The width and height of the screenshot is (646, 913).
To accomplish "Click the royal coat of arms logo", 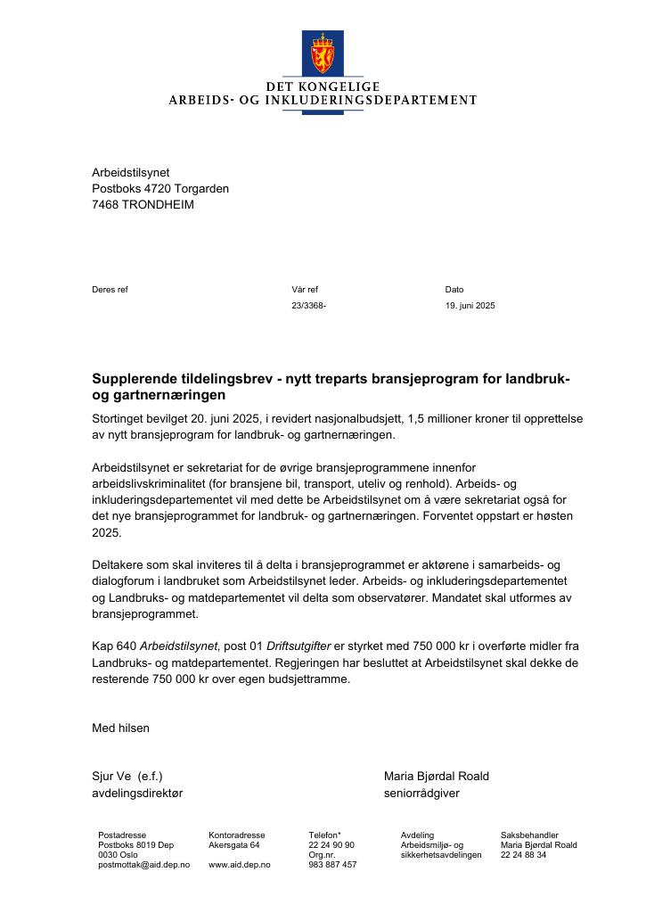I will click(x=323, y=53).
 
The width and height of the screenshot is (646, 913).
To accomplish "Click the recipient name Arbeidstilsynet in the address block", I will click(x=130, y=172).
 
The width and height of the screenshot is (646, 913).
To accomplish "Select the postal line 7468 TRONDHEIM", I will click(x=143, y=204).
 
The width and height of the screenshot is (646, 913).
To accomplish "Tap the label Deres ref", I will click(x=110, y=289).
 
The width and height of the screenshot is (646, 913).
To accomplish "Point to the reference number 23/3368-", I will click(x=308, y=306).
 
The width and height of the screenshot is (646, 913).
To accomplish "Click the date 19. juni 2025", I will click(x=470, y=306).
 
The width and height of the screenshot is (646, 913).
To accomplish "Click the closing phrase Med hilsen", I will click(x=120, y=728).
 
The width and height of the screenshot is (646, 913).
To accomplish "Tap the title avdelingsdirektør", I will click(x=137, y=793).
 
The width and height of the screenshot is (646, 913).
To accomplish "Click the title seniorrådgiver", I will click(x=421, y=793).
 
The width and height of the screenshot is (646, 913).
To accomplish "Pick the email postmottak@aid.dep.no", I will click(x=143, y=865).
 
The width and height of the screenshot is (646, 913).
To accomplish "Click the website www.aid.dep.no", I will click(x=239, y=865).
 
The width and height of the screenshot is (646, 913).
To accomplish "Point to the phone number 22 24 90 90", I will click(x=331, y=844).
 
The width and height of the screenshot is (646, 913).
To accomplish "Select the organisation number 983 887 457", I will click(x=332, y=865).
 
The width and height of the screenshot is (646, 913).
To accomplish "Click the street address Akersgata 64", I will click(x=233, y=844).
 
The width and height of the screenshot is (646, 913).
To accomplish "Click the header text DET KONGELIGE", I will click(x=323, y=86).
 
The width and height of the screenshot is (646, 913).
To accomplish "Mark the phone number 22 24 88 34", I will click(x=523, y=855).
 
